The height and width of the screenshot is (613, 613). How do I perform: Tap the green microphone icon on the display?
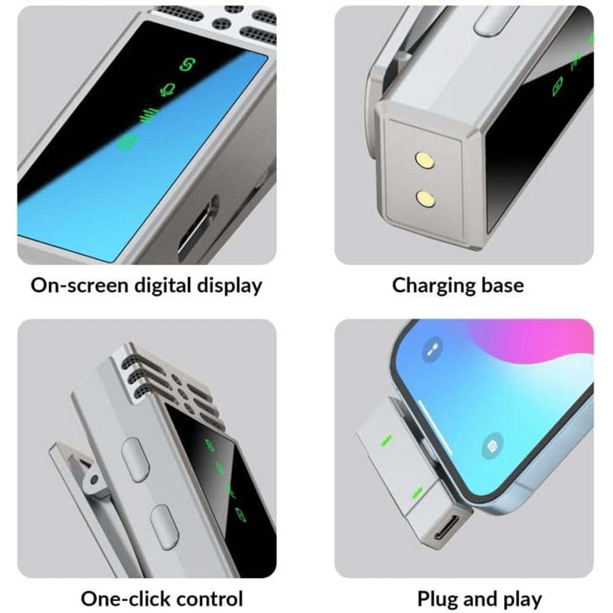point(168,89)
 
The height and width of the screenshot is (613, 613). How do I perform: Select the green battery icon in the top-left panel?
point(128,142)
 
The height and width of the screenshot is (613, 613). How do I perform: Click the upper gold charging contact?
point(425,159)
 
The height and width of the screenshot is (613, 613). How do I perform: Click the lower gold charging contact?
point(426,198)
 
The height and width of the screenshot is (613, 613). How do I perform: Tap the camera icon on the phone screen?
point(492,446)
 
